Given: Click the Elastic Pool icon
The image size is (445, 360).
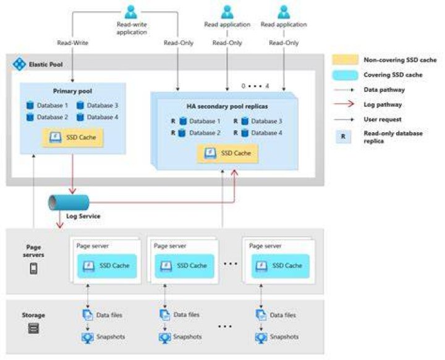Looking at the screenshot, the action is point(19,64).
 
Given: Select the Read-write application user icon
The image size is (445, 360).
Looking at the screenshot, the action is point(131,12).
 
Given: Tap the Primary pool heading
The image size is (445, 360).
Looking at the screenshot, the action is point(73,91).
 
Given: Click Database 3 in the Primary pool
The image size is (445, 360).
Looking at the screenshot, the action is point(98,106).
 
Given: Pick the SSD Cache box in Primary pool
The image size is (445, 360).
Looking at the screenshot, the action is point(73,138).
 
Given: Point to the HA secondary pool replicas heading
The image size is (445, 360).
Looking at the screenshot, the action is point(227,106).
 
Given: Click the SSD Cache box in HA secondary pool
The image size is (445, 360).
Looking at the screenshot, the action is point(227,153).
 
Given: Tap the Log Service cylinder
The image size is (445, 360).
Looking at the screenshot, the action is point(69,203).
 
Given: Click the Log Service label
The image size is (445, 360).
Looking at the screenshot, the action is point(83,216).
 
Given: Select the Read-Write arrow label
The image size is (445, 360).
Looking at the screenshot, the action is point(73,43).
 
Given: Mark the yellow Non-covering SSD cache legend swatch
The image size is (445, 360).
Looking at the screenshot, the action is point(345,60).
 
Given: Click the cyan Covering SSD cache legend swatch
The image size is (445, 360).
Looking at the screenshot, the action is point(345,75).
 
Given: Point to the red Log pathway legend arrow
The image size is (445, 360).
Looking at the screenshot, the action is point(344,104).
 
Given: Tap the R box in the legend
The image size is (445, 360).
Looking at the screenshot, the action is point(343,136).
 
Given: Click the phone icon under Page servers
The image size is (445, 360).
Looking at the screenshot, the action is point(33,269).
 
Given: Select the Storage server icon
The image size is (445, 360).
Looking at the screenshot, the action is point(33,329).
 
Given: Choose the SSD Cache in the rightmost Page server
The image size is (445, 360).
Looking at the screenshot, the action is point(281,266).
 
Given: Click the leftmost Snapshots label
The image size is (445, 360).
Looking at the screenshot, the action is point(111,337).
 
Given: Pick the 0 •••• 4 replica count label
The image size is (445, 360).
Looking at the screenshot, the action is point(255,86).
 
